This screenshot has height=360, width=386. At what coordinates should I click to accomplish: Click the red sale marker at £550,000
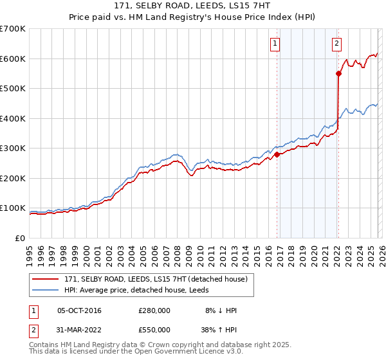[x=338, y=73]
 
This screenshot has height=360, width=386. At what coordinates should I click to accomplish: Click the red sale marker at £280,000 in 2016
[x=277, y=154]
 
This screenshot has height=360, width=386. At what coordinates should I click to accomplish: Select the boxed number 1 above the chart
[x=275, y=44]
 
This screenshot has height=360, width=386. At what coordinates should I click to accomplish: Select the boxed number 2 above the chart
[x=336, y=44]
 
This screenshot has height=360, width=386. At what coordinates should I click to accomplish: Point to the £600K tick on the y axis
[x=13, y=59]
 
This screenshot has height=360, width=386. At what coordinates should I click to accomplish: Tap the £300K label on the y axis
[x=13, y=148]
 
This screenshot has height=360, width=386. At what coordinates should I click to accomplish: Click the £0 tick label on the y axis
[x=19, y=239]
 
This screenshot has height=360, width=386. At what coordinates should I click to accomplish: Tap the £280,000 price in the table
[x=154, y=310]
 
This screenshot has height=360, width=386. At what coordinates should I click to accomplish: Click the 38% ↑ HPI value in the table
[x=219, y=329]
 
